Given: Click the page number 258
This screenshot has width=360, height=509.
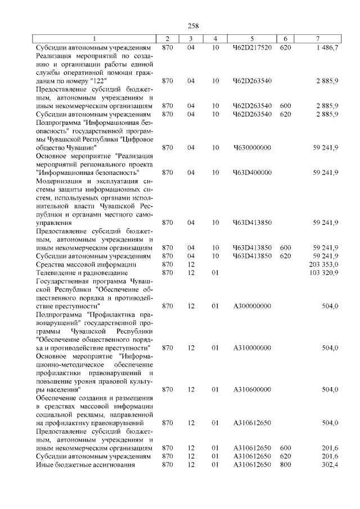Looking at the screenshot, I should coord(191,25).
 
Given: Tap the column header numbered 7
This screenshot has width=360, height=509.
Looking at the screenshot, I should coord(318,39).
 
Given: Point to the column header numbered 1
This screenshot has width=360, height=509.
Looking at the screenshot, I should coord(94,39).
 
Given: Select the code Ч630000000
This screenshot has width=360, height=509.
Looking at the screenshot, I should coord(252,147).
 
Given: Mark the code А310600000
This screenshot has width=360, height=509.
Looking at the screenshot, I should coord(252,389).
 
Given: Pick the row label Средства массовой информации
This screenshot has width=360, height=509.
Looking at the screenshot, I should coord(85,264).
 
